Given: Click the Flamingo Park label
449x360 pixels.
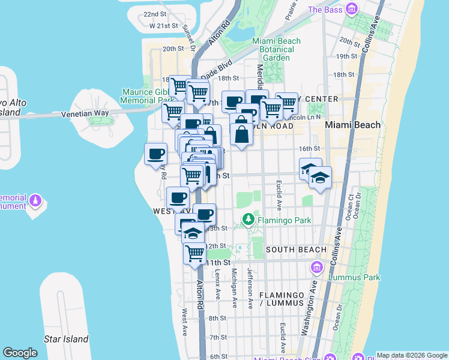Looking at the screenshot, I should click(x=284, y=220).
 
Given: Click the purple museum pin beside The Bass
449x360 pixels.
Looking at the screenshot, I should click(x=352, y=9).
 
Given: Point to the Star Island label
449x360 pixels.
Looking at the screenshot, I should click(x=66, y=339).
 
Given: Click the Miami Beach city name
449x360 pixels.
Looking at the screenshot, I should click(x=352, y=125).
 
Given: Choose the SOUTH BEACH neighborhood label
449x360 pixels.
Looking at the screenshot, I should click(x=296, y=250).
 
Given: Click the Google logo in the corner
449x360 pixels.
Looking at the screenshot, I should click(x=20, y=353).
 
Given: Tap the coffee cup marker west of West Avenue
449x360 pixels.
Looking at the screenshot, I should click(x=156, y=154).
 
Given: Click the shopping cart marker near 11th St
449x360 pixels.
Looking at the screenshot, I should click(x=194, y=254).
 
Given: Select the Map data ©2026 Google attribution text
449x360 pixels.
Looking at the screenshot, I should click(x=412, y=355).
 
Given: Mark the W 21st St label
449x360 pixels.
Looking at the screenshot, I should click(x=164, y=26).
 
